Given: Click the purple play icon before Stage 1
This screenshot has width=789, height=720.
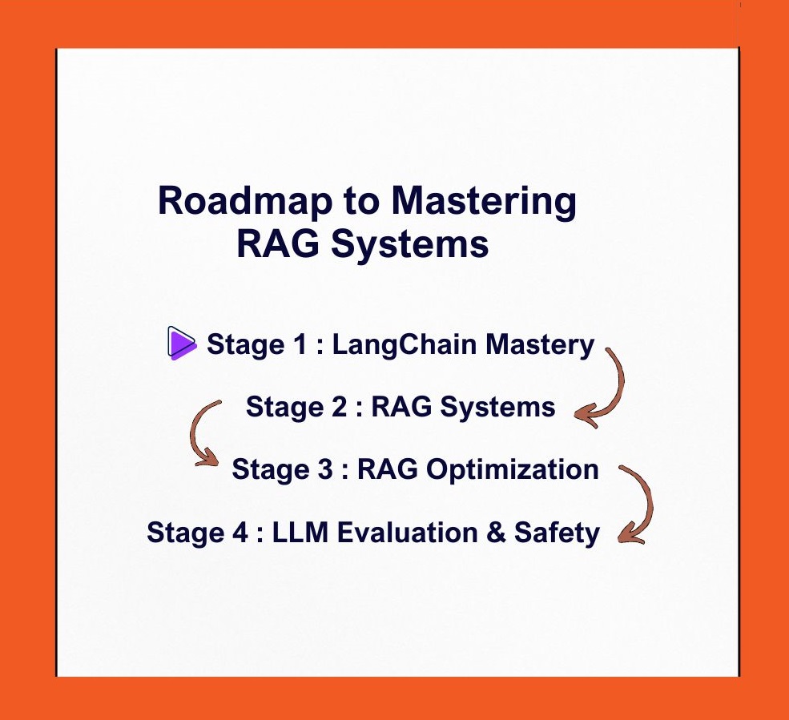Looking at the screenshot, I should (181, 344).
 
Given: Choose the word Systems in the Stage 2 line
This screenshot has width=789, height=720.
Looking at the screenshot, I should (497, 407).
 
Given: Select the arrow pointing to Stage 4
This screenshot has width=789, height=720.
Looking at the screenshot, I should (638, 505).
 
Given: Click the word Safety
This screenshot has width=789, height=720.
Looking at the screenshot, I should (560, 533).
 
